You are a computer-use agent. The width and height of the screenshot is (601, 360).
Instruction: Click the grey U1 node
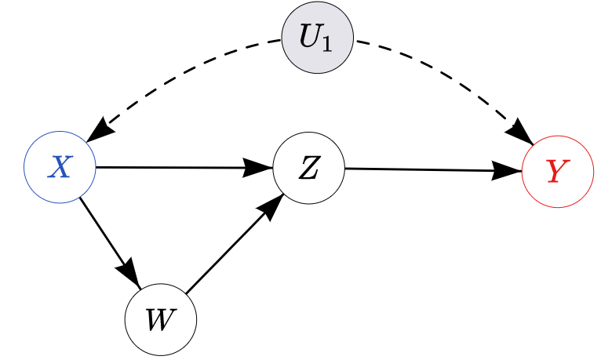(318, 38)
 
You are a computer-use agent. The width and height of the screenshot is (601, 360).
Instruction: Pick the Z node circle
(308, 168)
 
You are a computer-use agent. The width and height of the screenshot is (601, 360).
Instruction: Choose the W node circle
(160, 320)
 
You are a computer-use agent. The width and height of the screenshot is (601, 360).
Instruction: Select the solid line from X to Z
(173, 167)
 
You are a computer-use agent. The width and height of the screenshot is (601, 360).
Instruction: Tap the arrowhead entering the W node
(130, 275)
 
